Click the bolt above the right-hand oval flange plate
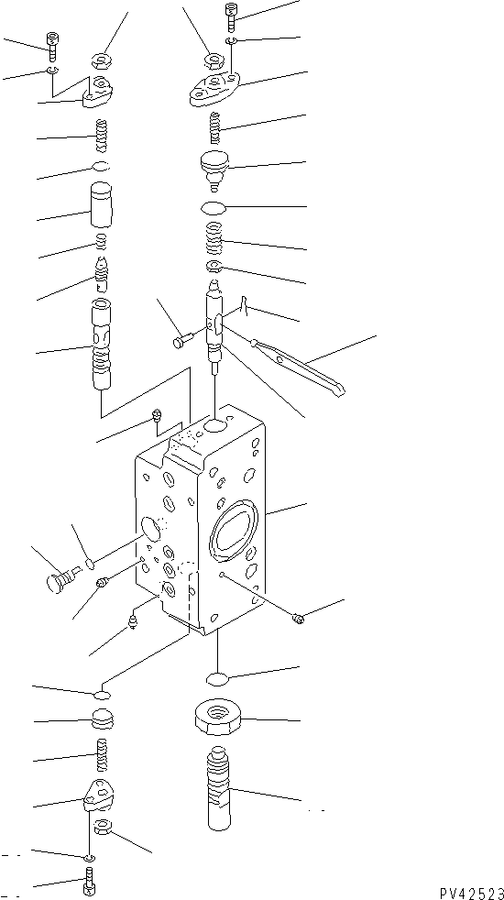[x=230, y=16]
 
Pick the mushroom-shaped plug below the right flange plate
[x=217, y=170]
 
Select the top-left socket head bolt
[x=51, y=42]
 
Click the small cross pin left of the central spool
[x=181, y=341]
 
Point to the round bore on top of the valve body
[x=217, y=426]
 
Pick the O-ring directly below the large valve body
[x=217, y=679]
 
